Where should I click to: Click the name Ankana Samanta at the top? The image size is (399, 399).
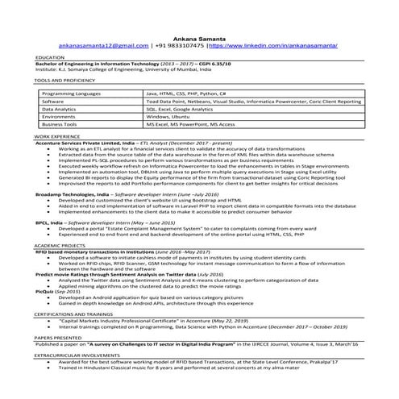(x=199, y=37)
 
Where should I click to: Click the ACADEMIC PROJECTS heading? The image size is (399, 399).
(x=58, y=245)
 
